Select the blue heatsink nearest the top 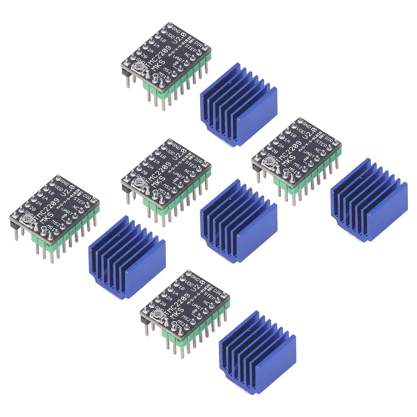pos(239,105)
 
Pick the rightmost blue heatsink pos(369,200)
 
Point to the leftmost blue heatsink pos(127,257)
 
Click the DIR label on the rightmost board pos(329,140)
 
